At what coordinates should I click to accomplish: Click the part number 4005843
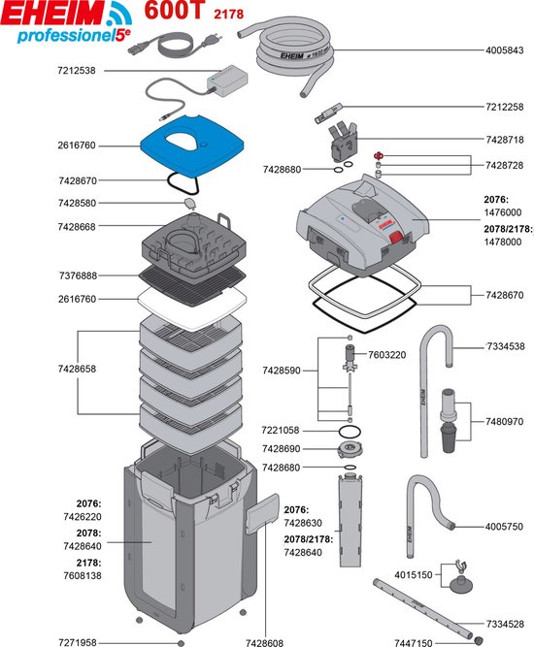pyautogui.click(x=504, y=50)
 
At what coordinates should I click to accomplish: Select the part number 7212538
pyautogui.click(x=77, y=71)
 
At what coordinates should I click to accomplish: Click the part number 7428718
pyautogui.click(x=504, y=140)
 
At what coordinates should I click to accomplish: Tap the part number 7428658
pyautogui.click(x=77, y=369)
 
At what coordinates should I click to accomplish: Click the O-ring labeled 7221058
pyautogui.click(x=350, y=432)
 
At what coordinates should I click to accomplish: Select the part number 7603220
pyautogui.click(x=387, y=355)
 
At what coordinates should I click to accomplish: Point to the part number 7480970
pyautogui.click(x=504, y=422)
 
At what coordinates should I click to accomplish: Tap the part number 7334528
pyautogui.click(x=504, y=625)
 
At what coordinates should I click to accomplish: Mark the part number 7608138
pyautogui.click(x=83, y=575)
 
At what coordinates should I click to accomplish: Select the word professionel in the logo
pyautogui.click(x=65, y=36)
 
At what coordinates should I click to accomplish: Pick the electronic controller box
pyautogui.click(x=227, y=81)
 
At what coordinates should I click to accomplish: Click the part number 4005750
pyautogui.click(x=504, y=527)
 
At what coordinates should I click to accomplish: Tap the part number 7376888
pyautogui.click(x=78, y=275)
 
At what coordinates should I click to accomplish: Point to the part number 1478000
pyautogui.click(x=503, y=242)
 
